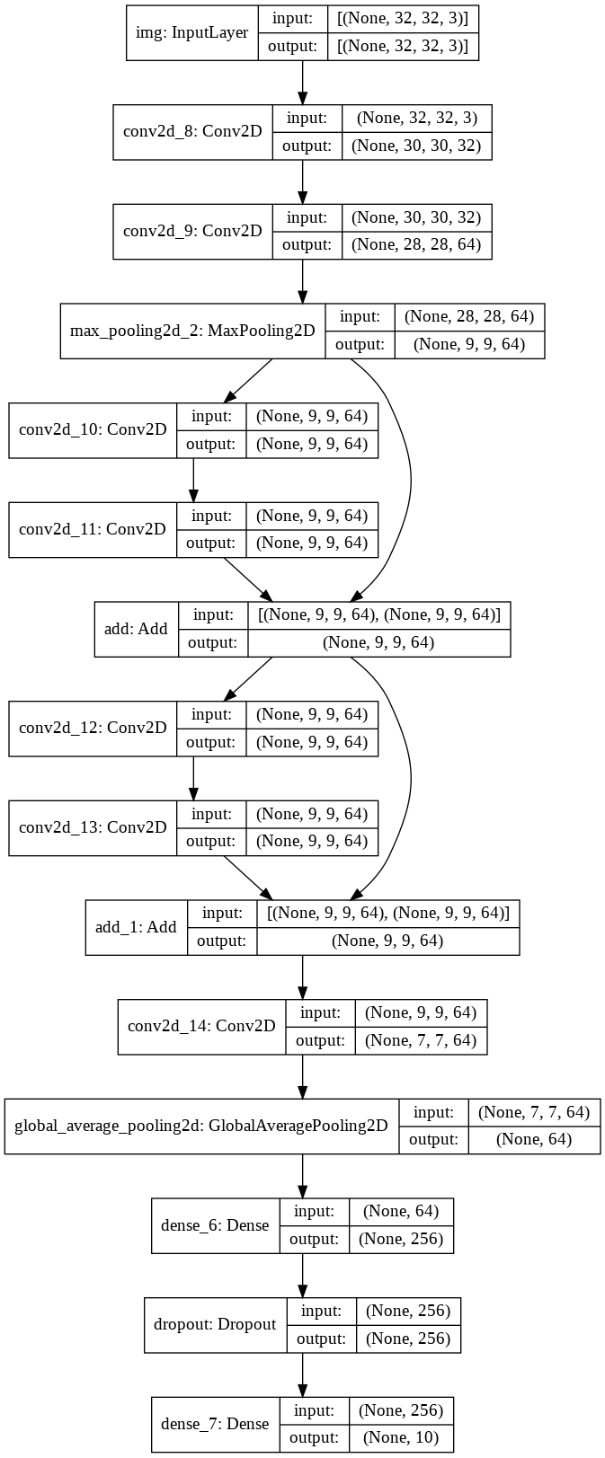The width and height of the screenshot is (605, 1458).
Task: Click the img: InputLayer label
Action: pyautogui.click(x=191, y=33)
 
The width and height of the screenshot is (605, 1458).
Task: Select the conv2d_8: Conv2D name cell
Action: pyautogui.click(x=192, y=132)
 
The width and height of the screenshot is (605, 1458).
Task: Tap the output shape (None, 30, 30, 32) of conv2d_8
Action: pyautogui.click(x=416, y=146)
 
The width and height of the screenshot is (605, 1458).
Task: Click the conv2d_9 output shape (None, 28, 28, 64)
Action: pyautogui.click(x=416, y=244)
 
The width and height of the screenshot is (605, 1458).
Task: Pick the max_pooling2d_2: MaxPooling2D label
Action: pyautogui.click(x=192, y=331)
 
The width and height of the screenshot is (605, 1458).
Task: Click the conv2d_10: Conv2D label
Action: pyautogui.click(x=93, y=429)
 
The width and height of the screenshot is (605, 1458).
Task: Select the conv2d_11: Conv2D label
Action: pyautogui.click(x=93, y=529)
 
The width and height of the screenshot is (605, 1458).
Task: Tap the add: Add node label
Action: pyautogui.click(x=136, y=629)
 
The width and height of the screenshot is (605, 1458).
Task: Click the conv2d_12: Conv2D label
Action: pyautogui.click(x=93, y=728)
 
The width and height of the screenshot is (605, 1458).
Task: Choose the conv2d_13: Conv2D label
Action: pyautogui.click(x=93, y=827)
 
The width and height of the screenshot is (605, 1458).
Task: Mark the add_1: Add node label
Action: pyautogui.click(x=136, y=927)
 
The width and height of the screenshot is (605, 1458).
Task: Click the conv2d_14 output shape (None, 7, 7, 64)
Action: pyautogui.click(x=421, y=1040)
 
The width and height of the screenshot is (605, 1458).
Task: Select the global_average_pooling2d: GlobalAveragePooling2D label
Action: pyautogui.click(x=201, y=1126)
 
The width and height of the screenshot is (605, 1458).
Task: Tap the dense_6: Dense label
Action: pyautogui.click(x=215, y=1225)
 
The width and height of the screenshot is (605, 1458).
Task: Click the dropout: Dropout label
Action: pyautogui.click(x=216, y=1324)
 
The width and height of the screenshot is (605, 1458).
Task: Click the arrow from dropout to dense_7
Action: pyautogui.click(x=302, y=1374)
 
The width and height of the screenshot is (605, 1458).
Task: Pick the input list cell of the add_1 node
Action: pyautogui.click(x=387, y=914)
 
